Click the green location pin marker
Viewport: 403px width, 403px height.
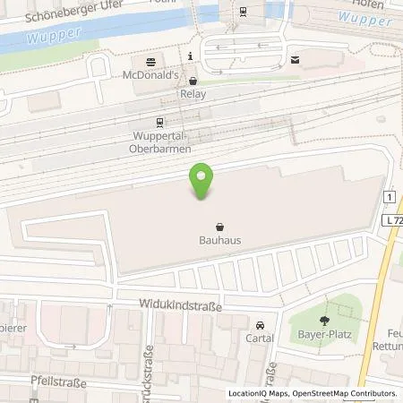(201, 182)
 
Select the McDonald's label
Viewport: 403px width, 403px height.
(149, 75)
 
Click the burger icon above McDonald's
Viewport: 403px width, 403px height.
(149, 61)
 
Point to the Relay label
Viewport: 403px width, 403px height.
(192, 93)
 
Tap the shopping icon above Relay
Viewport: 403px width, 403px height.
(192, 80)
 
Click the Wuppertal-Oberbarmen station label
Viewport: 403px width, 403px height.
(159, 142)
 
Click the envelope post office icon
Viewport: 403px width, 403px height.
(295, 60)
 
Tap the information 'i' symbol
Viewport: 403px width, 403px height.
(191, 56)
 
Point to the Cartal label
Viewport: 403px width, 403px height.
(260, 339)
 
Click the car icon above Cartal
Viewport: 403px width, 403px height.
(261, 326)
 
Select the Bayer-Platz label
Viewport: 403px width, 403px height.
(322, 338)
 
